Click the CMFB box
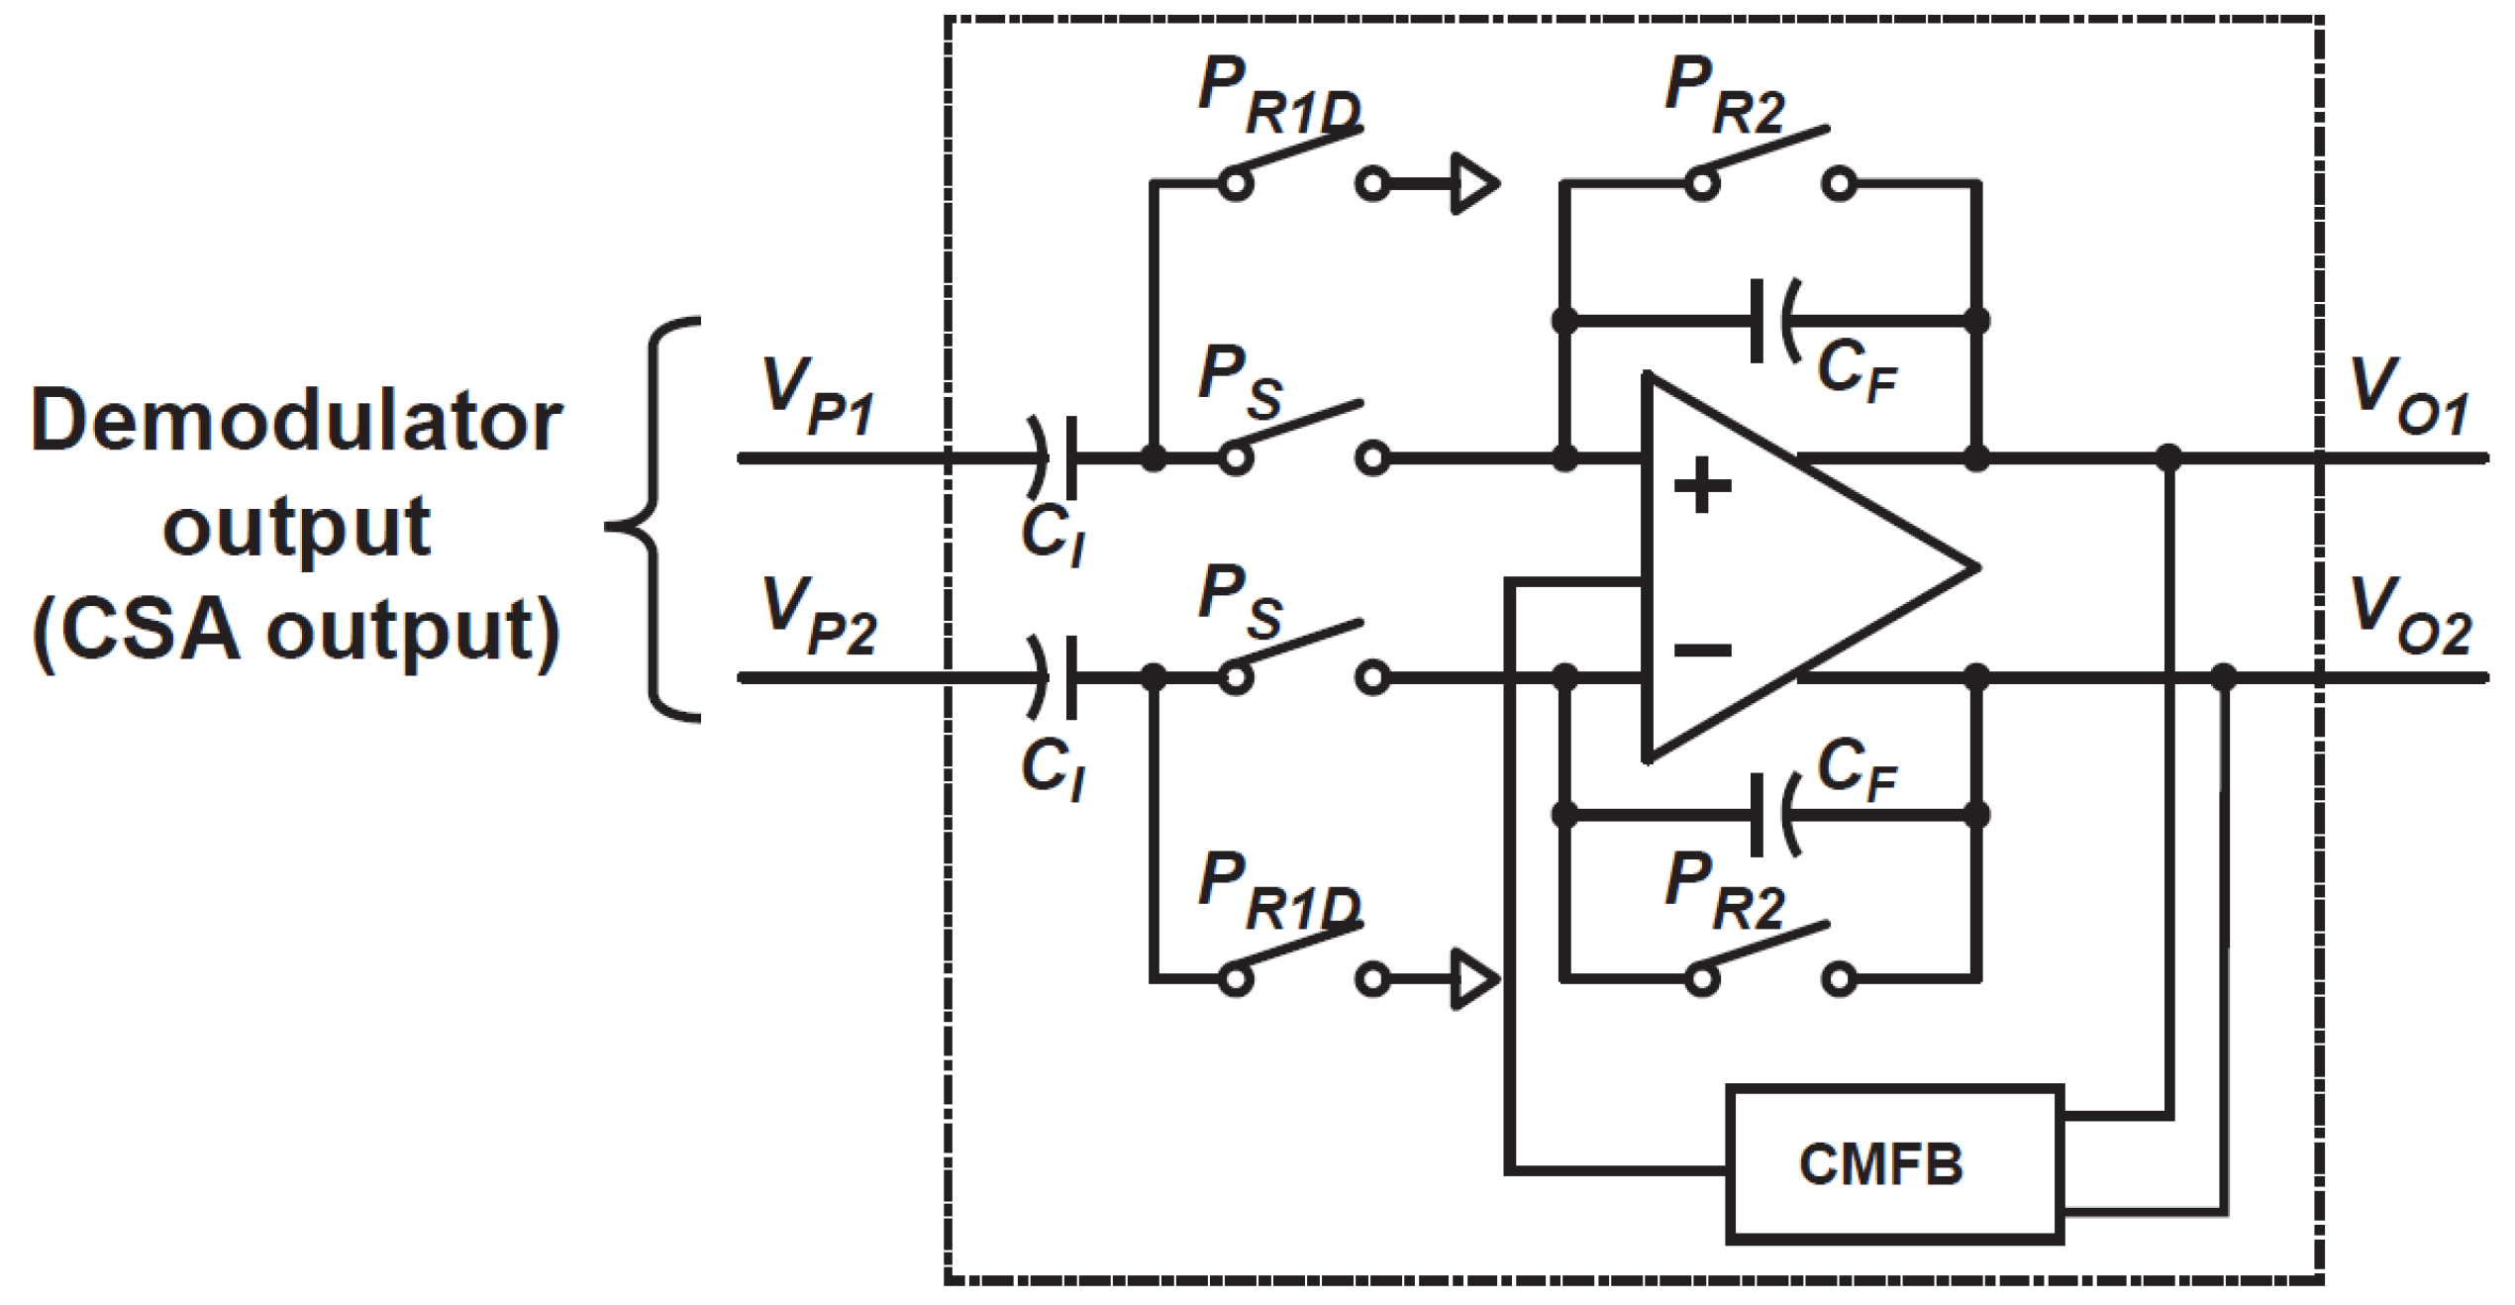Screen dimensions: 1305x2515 click(1894, 1164)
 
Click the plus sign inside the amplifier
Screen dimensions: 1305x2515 click(1702, 485)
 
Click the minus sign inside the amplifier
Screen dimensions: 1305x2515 click(1702, 651)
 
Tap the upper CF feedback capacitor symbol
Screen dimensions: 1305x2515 click(1772, 321)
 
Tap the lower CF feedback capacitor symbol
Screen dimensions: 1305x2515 click(1772, 815)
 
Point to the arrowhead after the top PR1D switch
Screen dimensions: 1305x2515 click(1473, 183)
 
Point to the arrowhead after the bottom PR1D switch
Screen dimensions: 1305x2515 click(1473, 980)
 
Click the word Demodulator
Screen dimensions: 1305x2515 click(297, 422)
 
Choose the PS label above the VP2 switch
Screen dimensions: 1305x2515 click(1240, 601)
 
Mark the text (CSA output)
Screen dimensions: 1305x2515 click(297, 632)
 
